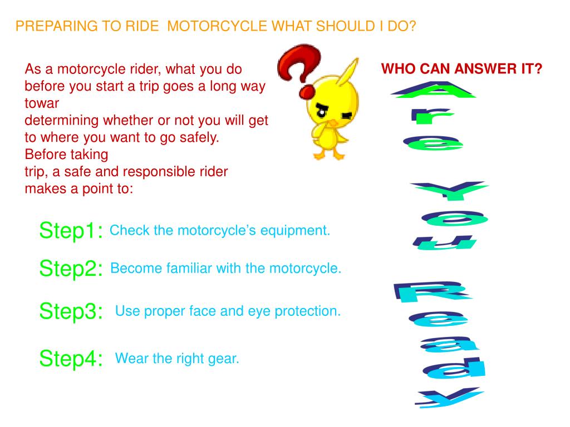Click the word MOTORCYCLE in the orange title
[217, 26]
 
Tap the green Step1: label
[71, 231]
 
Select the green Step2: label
[71, 269]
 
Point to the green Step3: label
[71, 311]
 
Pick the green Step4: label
[71, 359]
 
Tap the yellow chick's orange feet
[328, 155]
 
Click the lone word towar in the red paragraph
[41, 103]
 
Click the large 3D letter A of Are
[433, 90]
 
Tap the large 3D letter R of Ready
[432, 291]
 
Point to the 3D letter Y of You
[450, 190]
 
